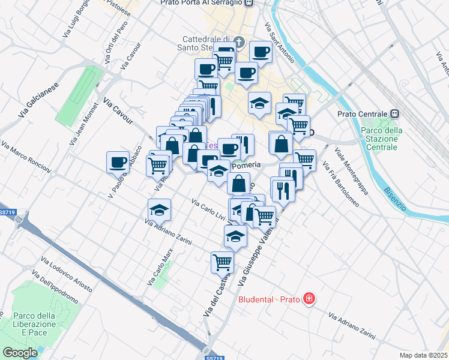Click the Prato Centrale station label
tap(361, 113)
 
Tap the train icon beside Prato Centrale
tap(395, 113)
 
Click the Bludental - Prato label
tap(271, 299)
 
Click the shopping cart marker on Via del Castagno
tap(221, 262)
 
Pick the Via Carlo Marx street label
tap(160, 267)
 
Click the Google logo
tap(20, 352)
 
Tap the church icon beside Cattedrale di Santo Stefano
tap(240, 42)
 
